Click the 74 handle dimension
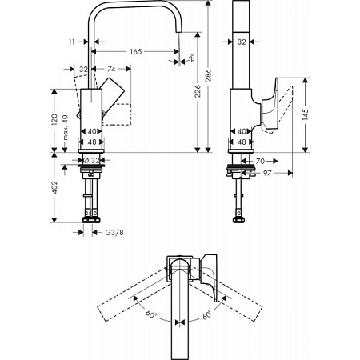click(x=112, y=70)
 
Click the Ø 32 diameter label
click(x=94, y=160)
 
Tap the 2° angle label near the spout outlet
click(x=190, y=58)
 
